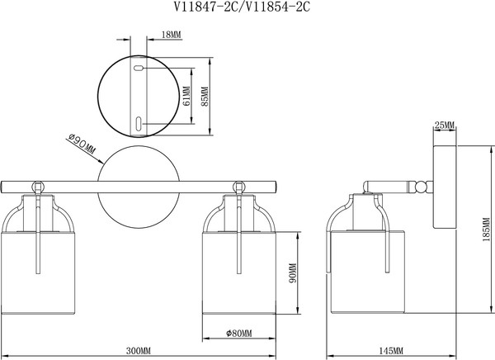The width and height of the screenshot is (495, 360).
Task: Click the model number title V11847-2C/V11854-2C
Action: pyautogui.click(x=242, y=7)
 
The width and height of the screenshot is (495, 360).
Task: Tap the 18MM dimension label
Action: pyautogui.click(x=172, y=35)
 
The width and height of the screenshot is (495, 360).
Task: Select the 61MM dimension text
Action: pyautogui.click(x=186, y=96)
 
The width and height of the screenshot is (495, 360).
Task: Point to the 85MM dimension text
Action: pyautogui.click(x=205, y=97)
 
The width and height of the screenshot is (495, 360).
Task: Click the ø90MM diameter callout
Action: pyautogui.click(x=82, y=144)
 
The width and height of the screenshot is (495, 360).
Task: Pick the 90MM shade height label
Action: pyautogui.click(x=293, y=273)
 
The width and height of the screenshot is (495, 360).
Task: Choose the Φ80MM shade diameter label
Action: pyautogui.click(x=239, y=333)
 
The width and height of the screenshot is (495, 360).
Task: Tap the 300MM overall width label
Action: pyautogui.click(x=139, y=351)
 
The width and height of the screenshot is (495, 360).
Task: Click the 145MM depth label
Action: pyautogui.click(x=391, y=351)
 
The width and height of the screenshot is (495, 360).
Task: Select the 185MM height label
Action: pyautogui.click(x=487, y=230)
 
